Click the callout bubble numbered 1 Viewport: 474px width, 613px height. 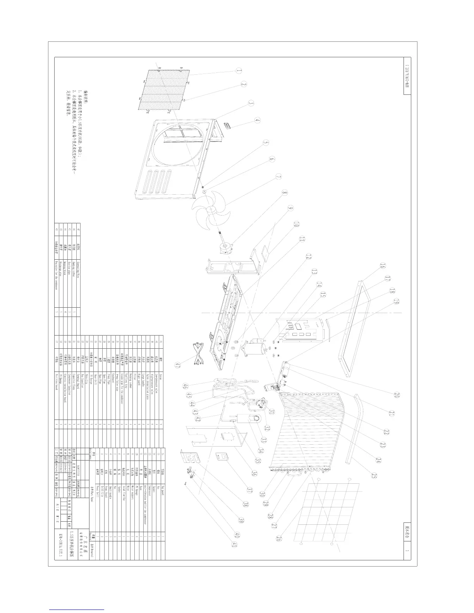[239, 71]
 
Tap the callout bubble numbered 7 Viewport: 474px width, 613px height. [278, 176]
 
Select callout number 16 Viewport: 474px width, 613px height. [382, 266]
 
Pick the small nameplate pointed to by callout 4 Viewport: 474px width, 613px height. [227, 125]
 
